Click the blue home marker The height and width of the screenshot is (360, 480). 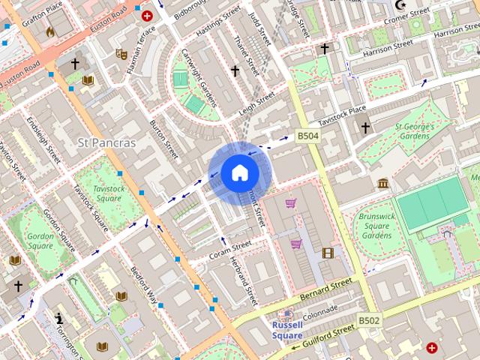pyautogui.click(x=238, y=172)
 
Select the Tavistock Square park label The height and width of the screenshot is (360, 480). pyautogui.click(x=108, y=193)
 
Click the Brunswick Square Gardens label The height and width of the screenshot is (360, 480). pyautogui.click(x=376, y=226)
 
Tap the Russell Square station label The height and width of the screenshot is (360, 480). pyautogui.click(x=287, y=330)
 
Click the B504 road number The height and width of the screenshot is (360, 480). pyautogui.click(x=308, y=136)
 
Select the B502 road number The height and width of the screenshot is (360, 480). pyautogui.click(x=369, y=320)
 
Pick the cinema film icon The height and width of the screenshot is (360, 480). pyautogui.click(x=327, y=253)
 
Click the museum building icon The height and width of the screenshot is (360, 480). pyautogui.click(x=383, y=184)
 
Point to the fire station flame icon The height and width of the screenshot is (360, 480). pyautogui.click(x=50, y=32)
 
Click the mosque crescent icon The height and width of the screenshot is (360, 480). pyautogui.click(x=401, y=4)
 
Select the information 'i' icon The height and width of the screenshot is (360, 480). pyautogui.click(x=59, y=318)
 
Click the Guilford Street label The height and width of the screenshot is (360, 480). pyautogui.click(x=327, y=334)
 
